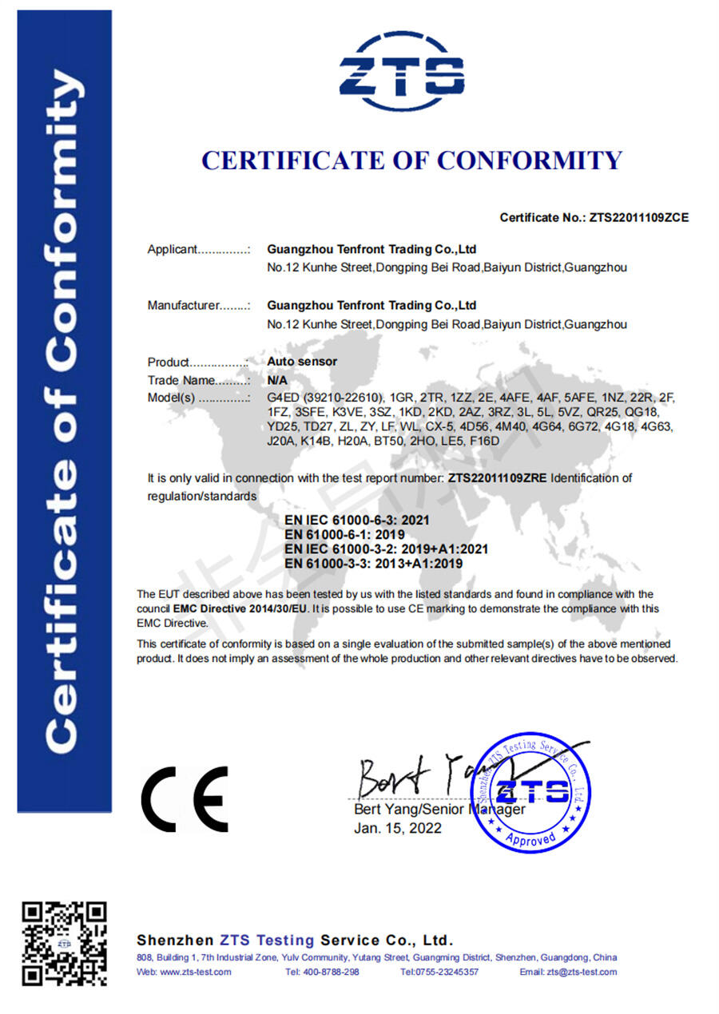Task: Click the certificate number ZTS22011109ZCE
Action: pos(638,217)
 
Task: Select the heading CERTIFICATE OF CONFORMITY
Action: pos(411,160)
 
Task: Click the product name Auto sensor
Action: pos(302,362)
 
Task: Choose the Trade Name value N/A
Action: pos(276,380)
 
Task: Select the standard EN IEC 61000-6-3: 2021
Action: pos(357,520)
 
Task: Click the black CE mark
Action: pos(185,799)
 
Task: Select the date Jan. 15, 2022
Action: pos(398,828)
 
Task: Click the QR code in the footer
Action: pos(64,943)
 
